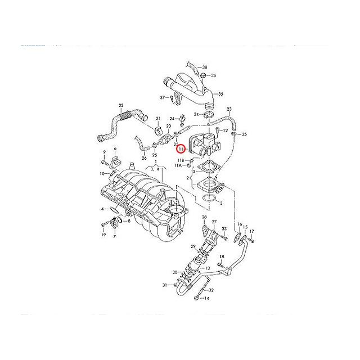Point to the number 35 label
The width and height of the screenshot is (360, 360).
coord(220,94)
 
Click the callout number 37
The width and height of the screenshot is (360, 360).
coord(161,98)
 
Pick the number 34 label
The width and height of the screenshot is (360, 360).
coord(196,115)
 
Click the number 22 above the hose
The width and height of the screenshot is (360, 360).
coord(121,105)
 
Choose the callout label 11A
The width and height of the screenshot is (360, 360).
coord(178,166)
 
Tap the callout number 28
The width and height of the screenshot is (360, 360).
coord(204,217)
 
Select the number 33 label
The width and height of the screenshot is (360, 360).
coord(224,229)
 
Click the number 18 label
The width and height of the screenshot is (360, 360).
coord(221,257)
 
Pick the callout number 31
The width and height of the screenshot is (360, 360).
coord(165,286)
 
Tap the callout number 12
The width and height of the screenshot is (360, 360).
coord(224,130)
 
